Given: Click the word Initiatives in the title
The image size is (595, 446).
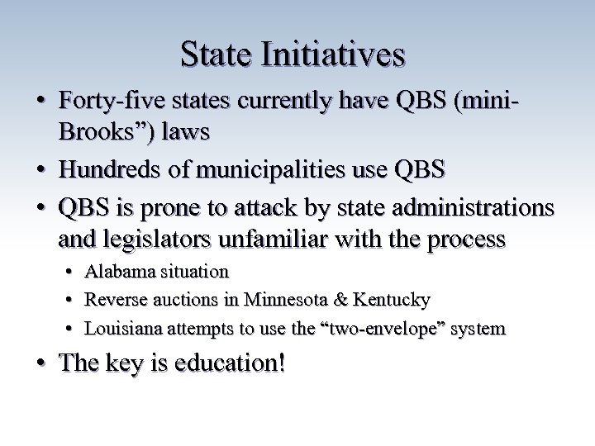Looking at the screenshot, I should coord(333,55).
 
